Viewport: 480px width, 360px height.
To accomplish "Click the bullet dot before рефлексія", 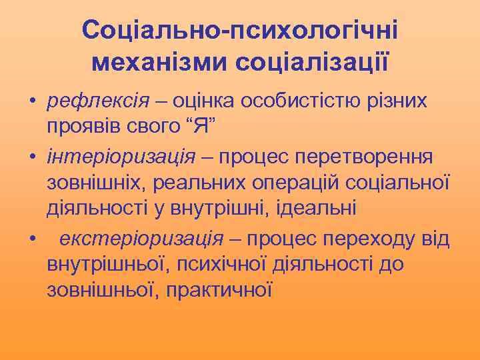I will tap(31, 102).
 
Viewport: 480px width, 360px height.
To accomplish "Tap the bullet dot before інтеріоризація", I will tap(31, 157).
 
